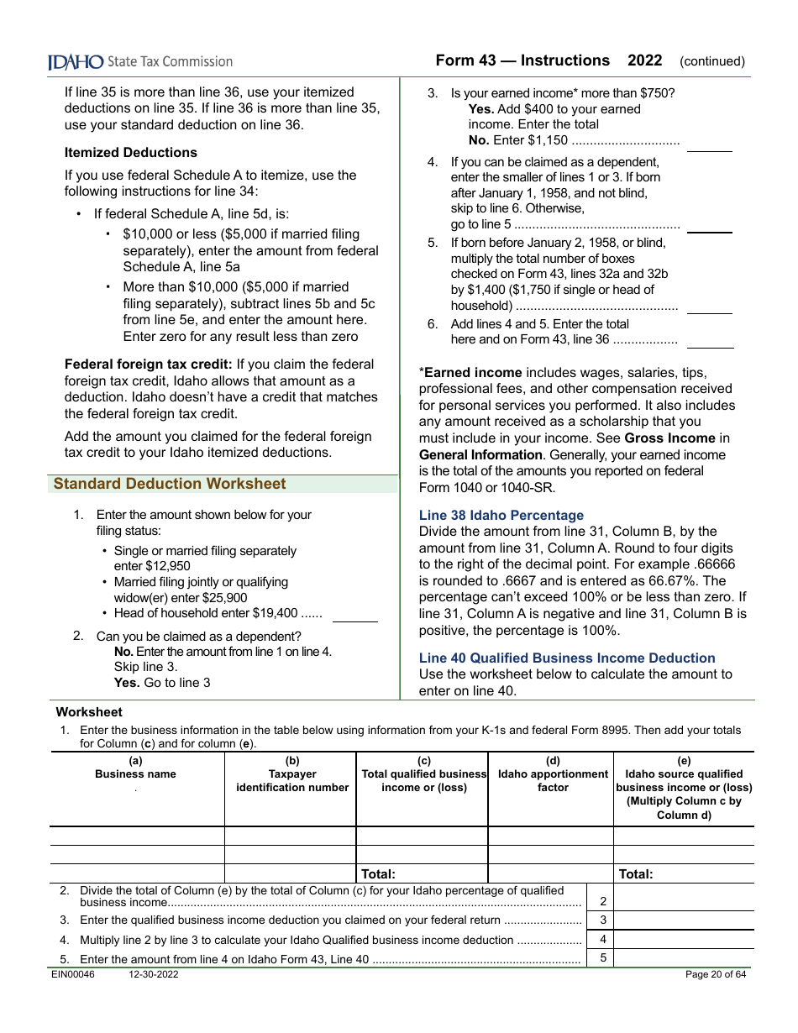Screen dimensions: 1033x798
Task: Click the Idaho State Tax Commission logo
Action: point(139,61)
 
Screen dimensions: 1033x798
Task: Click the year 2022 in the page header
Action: point(644,60)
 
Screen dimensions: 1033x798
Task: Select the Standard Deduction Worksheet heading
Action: point(170,484)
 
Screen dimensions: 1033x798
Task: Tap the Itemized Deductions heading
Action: point(131,152)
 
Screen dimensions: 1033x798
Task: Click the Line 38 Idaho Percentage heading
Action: point(501,516)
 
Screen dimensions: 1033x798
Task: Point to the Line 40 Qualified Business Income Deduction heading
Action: point(567,658)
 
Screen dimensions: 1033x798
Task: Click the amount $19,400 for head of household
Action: point(274,613)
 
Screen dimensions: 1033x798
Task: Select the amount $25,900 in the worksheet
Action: point(225,598)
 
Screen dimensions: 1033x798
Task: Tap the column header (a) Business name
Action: point(136,768)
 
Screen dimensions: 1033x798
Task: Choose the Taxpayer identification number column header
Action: point(291,781)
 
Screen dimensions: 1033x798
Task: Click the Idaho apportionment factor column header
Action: point(553,781)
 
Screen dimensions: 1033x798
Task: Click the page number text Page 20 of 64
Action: point(716,975)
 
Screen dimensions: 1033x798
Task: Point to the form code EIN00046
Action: point(75,975)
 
